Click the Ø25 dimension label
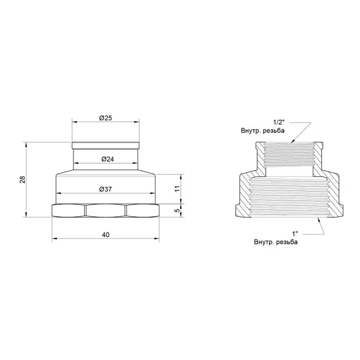(x=105, y=118)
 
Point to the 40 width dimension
(x=105, y=235)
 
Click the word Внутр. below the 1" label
(x=263, y=242)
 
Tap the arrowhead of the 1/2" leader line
(x=292, y=142)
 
